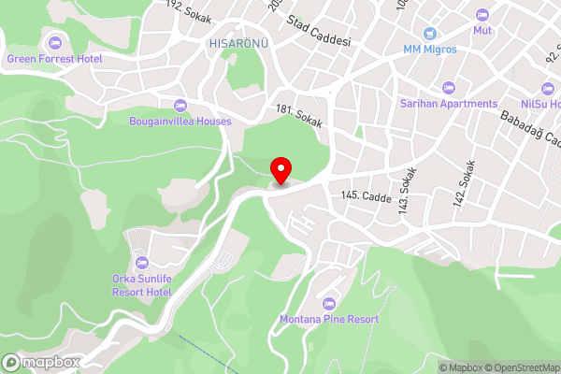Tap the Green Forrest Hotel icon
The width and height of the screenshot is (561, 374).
[x=54, y=43]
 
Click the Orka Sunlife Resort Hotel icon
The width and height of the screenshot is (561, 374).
[x=142, y=263]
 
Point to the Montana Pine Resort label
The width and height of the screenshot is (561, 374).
[x=329, y=319]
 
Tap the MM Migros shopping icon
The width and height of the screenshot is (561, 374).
[x=429, y=32]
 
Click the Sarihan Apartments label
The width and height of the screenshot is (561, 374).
[x=448, y=103]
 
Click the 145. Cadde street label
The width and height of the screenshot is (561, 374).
[x=366, y=195]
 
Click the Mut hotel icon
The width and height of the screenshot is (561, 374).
[x=482, y=15]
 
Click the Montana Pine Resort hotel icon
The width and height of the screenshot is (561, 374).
[x=329, y=303]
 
